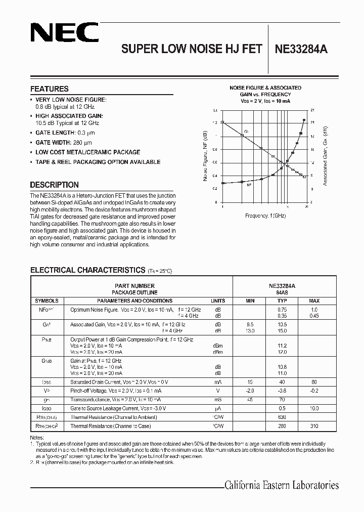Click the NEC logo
tap(64, 34)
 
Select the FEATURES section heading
tap(49, 89)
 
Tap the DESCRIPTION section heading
tap(54, 185)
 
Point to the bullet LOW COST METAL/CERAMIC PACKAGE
tap(87, 152)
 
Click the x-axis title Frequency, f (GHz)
tap(265, 216)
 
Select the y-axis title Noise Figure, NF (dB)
tap(205, 156)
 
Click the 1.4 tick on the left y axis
tap(215, 110)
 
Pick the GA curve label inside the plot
tap(246, 131)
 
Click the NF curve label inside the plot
tap(249, 186)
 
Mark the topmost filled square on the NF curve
tap(304, 120)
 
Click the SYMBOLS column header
tap(46, 301)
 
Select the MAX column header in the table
tap(314, 301)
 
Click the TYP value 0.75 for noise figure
tap(282, 309)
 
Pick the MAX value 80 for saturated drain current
tap(314, 382)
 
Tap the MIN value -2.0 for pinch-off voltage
tap(250, 391)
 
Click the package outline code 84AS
tap(282, 292)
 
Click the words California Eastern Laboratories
tap(281, 485)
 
